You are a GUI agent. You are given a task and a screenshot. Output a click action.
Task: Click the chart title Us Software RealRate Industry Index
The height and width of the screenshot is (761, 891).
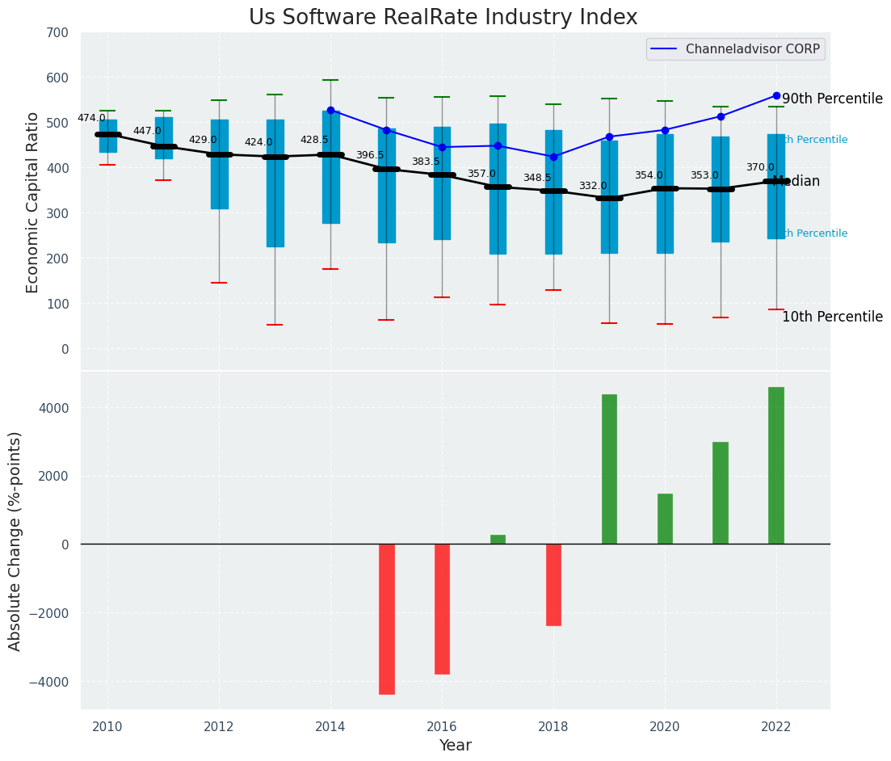point(443,18)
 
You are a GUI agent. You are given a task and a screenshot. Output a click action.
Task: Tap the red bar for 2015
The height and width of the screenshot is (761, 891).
point(387,619)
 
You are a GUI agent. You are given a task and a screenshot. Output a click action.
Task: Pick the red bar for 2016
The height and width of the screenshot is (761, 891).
point(442,608)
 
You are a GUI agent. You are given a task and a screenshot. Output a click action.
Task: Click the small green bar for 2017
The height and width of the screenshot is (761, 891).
point(498,539)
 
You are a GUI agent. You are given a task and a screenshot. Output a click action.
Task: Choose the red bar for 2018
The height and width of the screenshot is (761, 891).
point(553,584)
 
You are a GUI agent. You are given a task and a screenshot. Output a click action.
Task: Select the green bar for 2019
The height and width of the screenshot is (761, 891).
point(609,469)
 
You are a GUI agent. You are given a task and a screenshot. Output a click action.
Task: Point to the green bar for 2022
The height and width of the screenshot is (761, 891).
point(776,465)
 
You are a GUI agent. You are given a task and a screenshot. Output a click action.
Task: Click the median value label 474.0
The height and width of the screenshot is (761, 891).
point(91,119)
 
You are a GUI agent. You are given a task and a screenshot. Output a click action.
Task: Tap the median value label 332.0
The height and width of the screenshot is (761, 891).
point(593,187)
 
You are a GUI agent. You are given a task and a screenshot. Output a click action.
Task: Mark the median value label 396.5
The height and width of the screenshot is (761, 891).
point(370,155)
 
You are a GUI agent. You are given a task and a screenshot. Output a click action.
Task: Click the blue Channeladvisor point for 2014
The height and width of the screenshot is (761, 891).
point(330,111)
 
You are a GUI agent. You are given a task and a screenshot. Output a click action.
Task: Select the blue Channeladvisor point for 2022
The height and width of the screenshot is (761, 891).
point(776,95)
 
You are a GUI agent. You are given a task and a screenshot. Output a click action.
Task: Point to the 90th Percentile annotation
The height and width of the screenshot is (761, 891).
point(832,99)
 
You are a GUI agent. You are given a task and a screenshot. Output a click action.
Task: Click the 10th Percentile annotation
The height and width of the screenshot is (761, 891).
point(832,317)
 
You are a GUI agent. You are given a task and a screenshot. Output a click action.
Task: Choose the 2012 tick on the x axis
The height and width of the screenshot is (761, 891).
point(219,726)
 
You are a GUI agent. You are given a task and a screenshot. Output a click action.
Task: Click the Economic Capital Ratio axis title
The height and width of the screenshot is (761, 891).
point(33,202)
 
